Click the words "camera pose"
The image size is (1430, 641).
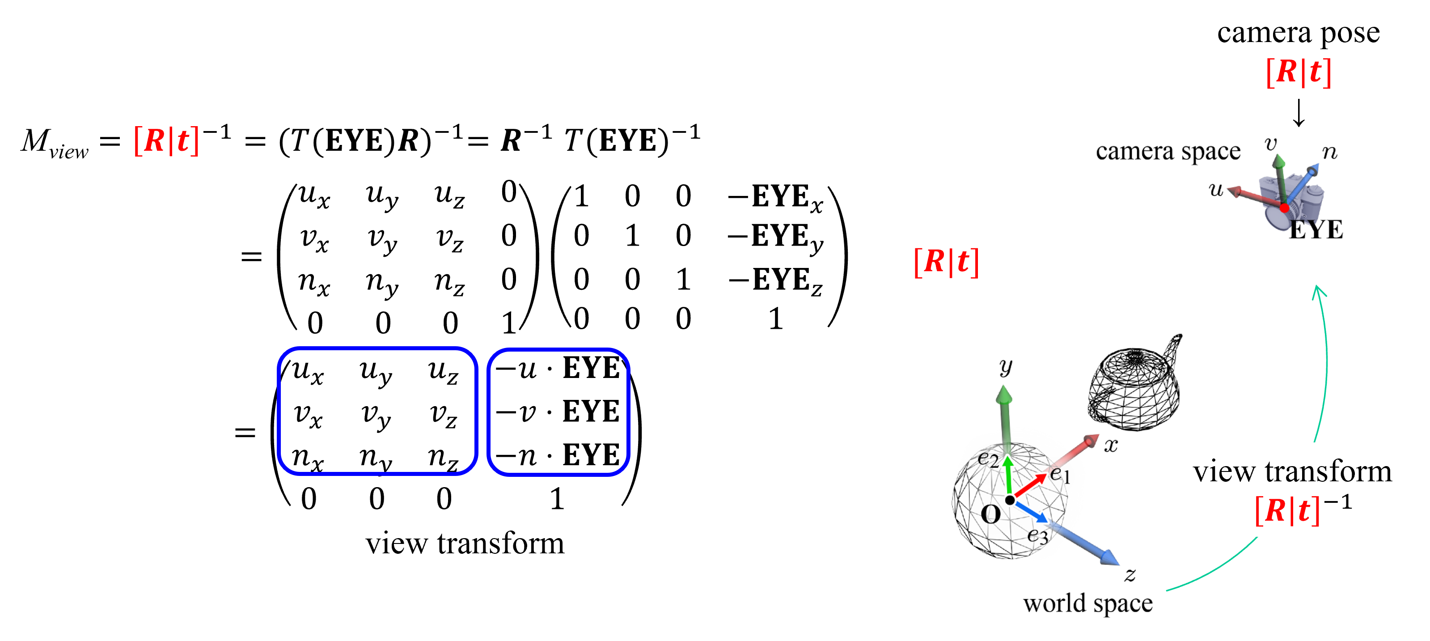1298,34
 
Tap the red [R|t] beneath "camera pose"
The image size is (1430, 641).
1299,72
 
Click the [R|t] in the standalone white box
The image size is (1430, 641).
947,261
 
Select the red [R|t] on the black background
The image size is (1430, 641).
166,140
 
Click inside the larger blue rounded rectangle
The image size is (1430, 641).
377,411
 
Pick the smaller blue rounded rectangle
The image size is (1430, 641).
558,412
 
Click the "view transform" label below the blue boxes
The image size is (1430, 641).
465,543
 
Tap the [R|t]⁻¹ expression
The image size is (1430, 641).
1302,509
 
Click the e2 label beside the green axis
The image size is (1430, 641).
988,459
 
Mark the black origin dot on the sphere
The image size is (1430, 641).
1010,501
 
